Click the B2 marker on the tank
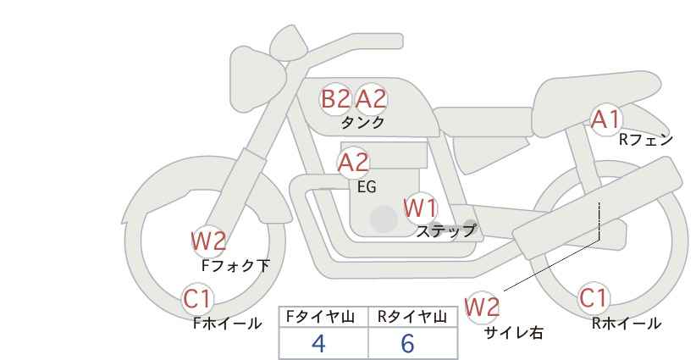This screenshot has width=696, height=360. coord(335,99)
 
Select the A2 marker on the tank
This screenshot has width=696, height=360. coord(371,99)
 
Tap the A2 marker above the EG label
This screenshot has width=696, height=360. coord(353,163)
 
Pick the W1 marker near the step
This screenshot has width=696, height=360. coord(421,208)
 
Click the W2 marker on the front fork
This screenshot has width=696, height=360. coord(208,241)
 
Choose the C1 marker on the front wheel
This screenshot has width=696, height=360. coord(197,299)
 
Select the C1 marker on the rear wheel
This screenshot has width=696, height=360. coord(593,298)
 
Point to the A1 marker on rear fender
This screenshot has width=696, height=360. coord(605,119)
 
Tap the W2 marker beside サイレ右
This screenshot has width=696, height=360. coord(482,307)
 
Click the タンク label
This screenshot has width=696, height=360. coord(362,123)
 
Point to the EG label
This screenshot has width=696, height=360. coord(367,187)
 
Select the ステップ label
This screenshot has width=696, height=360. coord(445,231)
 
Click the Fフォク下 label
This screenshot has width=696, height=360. coord(235,265)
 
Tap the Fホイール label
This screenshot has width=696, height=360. coord(227,324)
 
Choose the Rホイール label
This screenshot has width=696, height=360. coord(627,324)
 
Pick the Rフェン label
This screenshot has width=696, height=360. coord(646,140)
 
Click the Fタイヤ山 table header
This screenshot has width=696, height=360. coord(320,317)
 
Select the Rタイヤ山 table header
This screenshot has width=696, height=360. coord(412,317)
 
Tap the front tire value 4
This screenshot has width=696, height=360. coord(318,343)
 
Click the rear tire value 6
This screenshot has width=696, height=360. coord(407,343)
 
